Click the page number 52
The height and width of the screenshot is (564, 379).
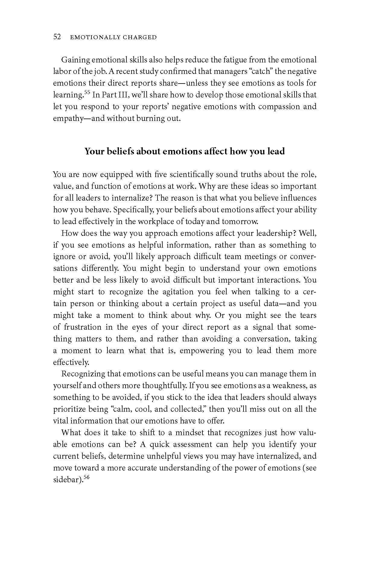[x=57, y=37]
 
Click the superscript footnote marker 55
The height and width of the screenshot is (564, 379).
[x=87, y=92]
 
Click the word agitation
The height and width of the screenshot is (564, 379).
[x=175, y=292]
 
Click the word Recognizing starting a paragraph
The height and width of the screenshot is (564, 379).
[x=83, y=374]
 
